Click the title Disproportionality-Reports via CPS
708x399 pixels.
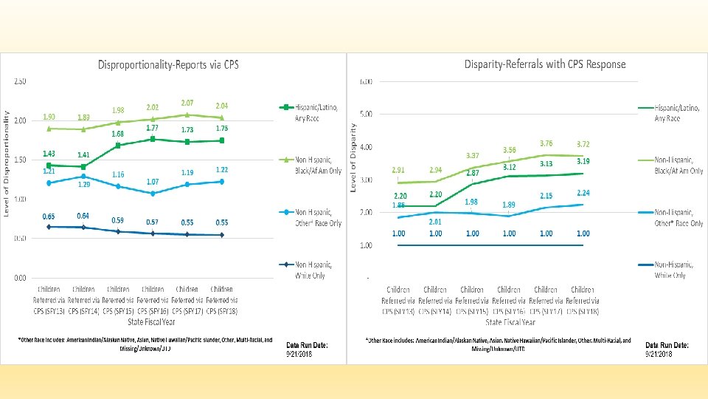[167, 64]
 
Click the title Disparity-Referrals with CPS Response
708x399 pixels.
[544, 64]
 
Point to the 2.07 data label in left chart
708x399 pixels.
[187, 103]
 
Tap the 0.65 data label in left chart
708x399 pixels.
[49, 216]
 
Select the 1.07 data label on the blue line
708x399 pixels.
[153, 182]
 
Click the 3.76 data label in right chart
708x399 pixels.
[546, 143]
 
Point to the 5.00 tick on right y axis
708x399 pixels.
[365, 115]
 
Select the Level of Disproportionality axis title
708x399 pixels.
[7, 164]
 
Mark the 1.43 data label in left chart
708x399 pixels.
[49, 154]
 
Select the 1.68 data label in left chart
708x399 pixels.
[118, 134]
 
